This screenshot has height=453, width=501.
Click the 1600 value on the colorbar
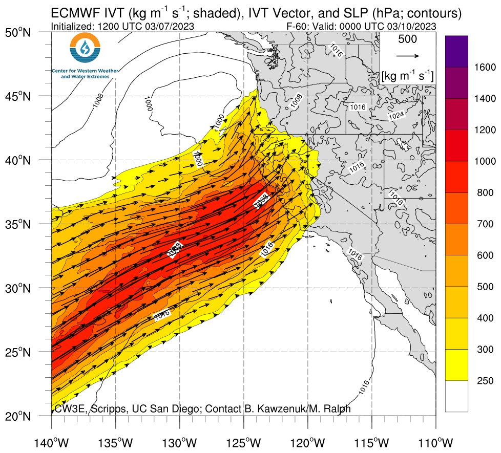pyautogui.click(x=483, y=67)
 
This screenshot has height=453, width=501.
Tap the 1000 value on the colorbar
pyautogui.click(x=483, y=161)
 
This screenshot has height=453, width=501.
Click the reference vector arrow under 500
pyautogui.click(x=408, y=56)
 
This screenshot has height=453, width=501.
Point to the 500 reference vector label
pyautogui.click(x=408, y=39)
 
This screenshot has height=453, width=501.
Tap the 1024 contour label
pyautogui.click(x=396, y=116)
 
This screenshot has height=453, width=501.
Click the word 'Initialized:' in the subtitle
pyautogui.click(x=72, y=26)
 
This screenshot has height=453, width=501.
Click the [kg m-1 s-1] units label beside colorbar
pyautogui.click(x=408, y=76)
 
